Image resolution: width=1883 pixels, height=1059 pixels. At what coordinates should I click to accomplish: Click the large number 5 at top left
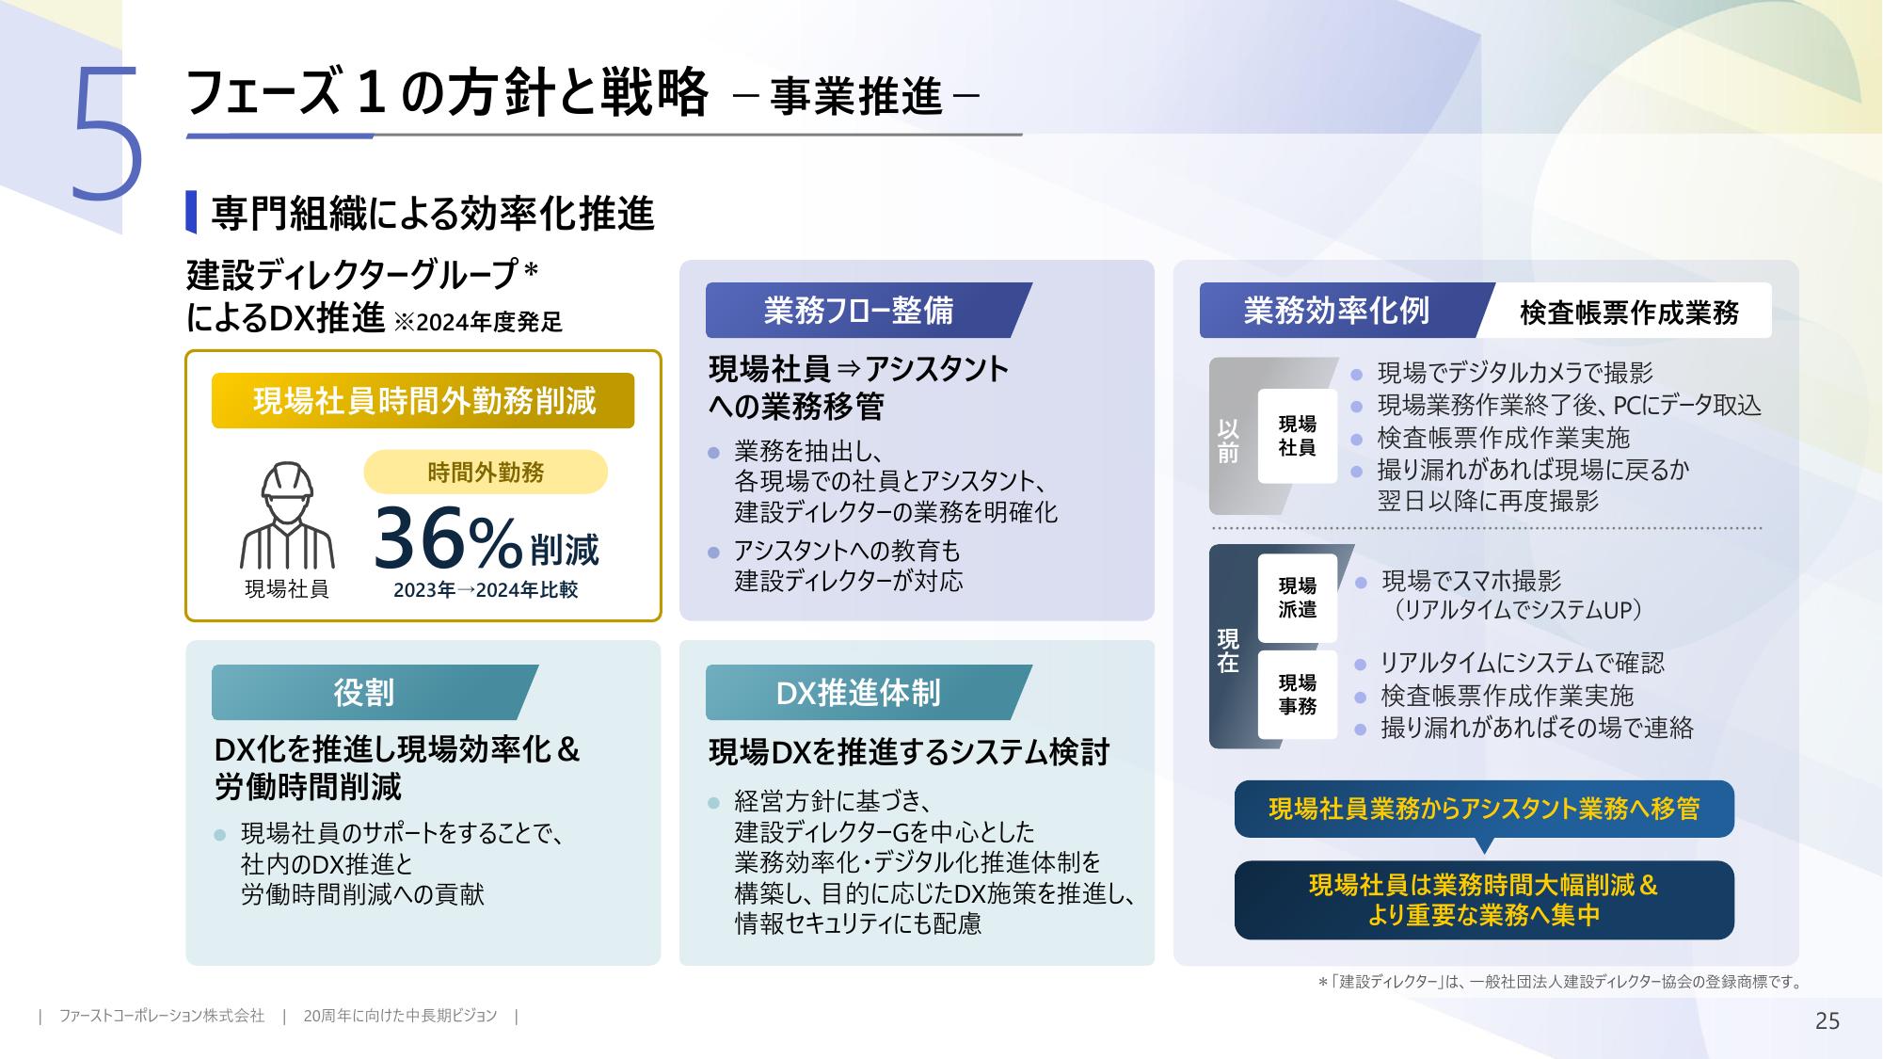pos(108,134)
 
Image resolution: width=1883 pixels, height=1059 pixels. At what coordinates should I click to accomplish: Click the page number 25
pos(1827,1021)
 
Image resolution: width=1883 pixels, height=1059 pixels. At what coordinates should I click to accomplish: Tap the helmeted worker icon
pos(287,516)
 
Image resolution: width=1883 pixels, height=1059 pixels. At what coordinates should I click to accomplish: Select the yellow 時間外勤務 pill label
pos(486,472)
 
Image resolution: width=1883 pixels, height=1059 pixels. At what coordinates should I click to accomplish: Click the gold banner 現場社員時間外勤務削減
pos(423,401)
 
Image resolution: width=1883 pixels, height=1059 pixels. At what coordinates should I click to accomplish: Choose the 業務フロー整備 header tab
pos(868,310)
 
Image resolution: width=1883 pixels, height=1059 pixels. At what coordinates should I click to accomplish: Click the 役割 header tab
pos(375,692)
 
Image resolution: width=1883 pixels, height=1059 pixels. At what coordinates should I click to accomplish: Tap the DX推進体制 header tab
pos(868,692)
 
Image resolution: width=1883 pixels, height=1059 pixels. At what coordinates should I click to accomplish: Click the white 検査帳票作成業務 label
pos(1629,312)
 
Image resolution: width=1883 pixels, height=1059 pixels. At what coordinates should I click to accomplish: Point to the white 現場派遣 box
pos(1298,597)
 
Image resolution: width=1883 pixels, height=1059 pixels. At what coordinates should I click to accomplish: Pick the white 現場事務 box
pos(1298,694)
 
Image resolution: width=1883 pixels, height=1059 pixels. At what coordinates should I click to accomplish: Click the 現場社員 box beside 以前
pos(1298,436)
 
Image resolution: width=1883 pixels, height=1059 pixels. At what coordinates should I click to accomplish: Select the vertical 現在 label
pos(1228,650)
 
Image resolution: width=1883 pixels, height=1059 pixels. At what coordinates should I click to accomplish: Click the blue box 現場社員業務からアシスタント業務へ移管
pos(1484,809)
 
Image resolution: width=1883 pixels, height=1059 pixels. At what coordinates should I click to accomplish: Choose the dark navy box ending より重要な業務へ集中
pos(1484,900)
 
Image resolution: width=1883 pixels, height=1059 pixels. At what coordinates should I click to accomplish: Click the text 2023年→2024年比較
pos(486,590)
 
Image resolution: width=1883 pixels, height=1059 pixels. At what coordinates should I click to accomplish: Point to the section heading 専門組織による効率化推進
pos(432,214)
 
